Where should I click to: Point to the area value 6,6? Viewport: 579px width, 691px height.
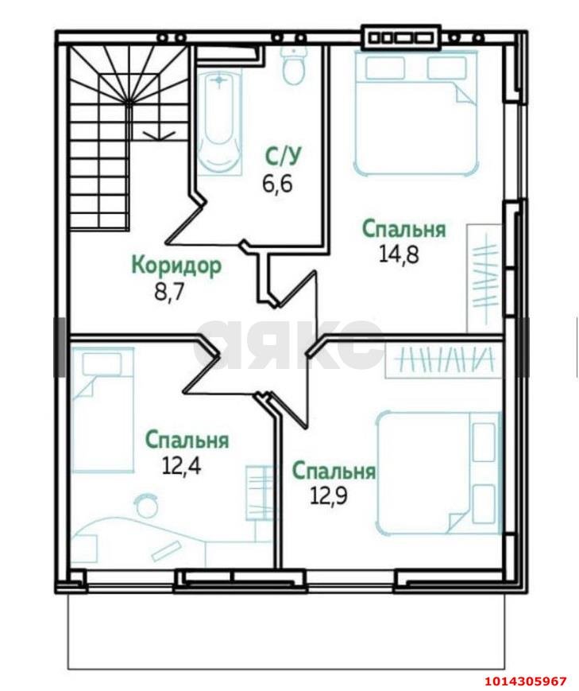pos(277,184)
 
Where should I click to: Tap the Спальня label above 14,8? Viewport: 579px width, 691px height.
pos(403,229)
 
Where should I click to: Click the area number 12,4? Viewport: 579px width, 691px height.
pos(181,465)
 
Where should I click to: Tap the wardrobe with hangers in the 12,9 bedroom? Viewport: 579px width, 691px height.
pos(445,361)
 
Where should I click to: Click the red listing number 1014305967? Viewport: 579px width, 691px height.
pos(525,681)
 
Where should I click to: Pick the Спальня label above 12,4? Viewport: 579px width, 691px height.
pos(187,440)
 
